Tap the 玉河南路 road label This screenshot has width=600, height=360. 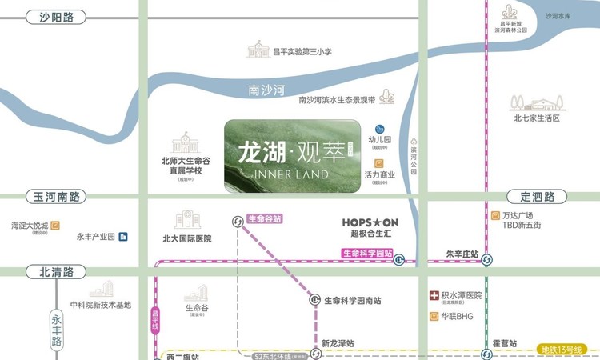56,197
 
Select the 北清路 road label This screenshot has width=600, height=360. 56,271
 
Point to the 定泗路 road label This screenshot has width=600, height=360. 537,197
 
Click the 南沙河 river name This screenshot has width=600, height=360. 267,90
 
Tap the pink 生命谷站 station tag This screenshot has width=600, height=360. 265,218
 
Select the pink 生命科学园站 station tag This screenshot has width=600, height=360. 367,254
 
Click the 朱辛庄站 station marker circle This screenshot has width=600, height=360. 486,259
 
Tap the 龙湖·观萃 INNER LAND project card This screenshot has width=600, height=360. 291,156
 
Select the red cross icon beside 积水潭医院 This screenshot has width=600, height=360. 434,295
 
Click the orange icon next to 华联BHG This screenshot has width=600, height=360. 434,316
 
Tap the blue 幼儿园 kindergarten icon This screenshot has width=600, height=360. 381,129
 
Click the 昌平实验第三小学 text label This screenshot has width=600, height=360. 302,51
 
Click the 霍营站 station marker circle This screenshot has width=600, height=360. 486,353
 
